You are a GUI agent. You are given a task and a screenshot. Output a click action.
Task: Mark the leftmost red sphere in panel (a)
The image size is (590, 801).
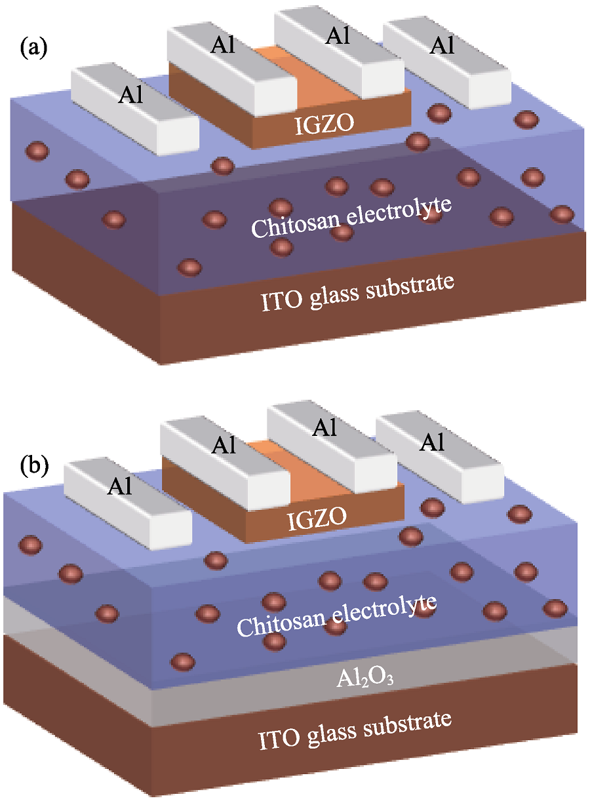pos(37,151)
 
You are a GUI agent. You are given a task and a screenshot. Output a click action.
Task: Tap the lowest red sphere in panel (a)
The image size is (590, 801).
pos(189,267)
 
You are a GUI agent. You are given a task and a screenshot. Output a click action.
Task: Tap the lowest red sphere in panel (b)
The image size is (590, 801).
pos(183,661)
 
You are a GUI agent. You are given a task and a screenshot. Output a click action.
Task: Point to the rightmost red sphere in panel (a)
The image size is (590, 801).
pos(562,214)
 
